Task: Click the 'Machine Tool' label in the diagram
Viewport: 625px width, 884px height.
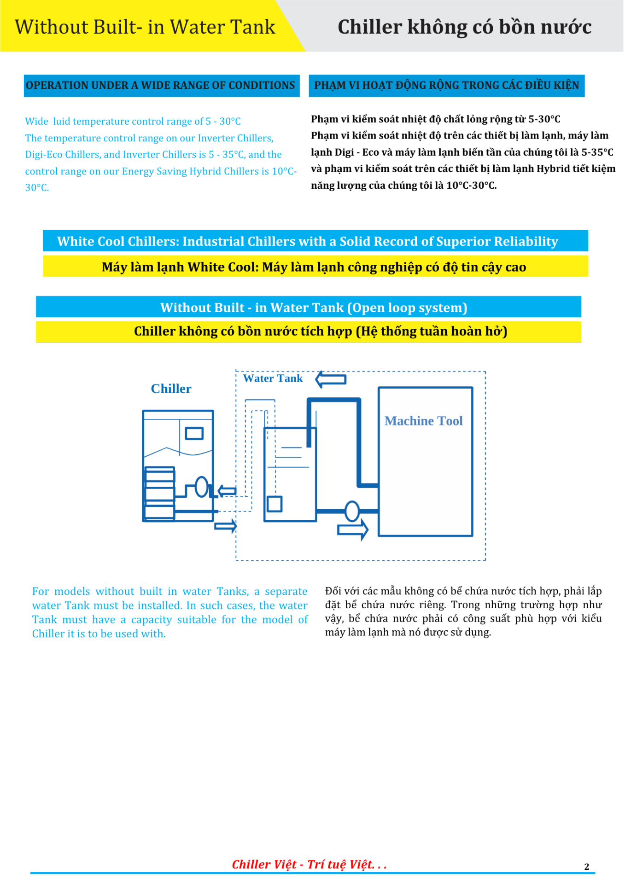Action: point(423,421)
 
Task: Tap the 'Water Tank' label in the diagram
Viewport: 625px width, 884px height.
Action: point(273,378)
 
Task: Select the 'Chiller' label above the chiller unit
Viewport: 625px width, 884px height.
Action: point(171,389)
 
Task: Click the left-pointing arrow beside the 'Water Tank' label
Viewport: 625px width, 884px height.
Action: point(331,379)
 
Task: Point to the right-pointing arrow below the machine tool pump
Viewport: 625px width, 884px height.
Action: point(353,530)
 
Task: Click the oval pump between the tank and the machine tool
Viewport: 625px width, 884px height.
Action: point(352,511)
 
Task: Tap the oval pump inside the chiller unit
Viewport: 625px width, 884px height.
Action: point(202,487)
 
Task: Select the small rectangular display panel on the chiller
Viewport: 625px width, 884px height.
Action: point(194,433)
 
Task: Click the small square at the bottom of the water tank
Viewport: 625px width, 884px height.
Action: point(275,504)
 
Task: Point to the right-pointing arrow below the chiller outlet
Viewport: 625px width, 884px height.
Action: point(226,525)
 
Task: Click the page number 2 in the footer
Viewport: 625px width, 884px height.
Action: point(586,867)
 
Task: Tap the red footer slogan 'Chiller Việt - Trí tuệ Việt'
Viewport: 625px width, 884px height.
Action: point(309,864)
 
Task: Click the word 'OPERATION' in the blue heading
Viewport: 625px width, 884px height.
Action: point(52,86)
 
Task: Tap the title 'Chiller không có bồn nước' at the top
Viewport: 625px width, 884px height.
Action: point(464,27)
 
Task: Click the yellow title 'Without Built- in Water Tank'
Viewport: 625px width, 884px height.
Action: point(145,27)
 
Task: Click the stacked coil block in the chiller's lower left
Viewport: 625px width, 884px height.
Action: point(159,493)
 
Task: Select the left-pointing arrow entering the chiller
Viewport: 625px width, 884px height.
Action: point(227,491)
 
